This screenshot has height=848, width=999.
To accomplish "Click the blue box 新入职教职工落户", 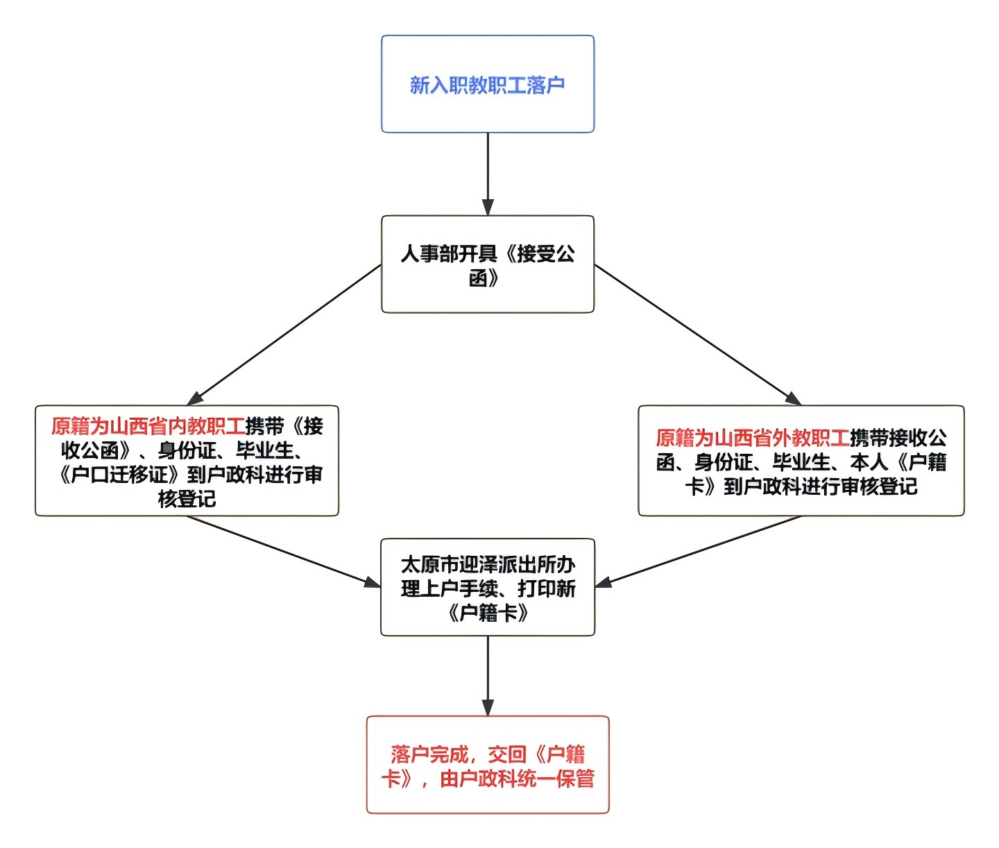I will [487, 84].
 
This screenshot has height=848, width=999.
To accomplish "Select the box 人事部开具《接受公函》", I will [487, 264].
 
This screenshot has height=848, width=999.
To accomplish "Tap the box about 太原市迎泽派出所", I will [487, 587].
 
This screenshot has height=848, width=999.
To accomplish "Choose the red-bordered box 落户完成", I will [487, 765].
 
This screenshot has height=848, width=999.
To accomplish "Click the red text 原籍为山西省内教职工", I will [148, 426].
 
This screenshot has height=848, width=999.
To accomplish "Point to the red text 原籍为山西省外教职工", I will [752, 438].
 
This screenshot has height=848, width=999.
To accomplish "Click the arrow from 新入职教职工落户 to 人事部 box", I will [488, 173].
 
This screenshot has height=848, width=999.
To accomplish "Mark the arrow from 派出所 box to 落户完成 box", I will [488, 675].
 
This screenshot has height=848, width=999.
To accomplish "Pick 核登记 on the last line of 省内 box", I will [187, 499].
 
